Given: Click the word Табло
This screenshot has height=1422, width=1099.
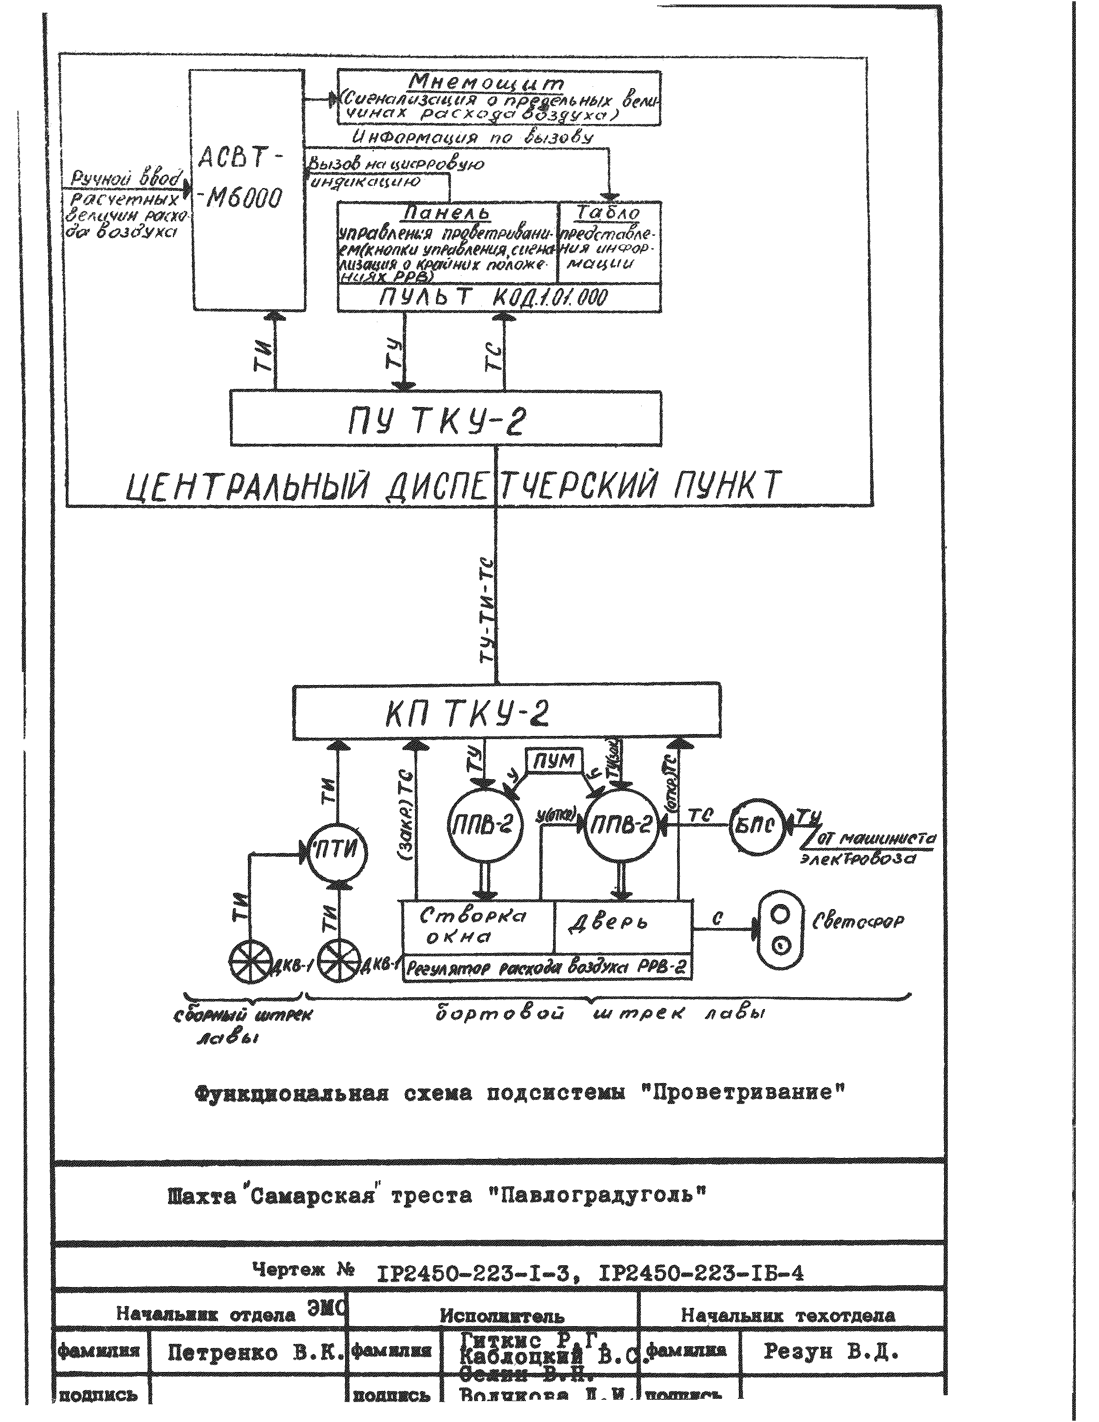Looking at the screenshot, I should point(609,212).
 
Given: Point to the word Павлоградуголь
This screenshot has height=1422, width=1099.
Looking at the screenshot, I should point(597,1195).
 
